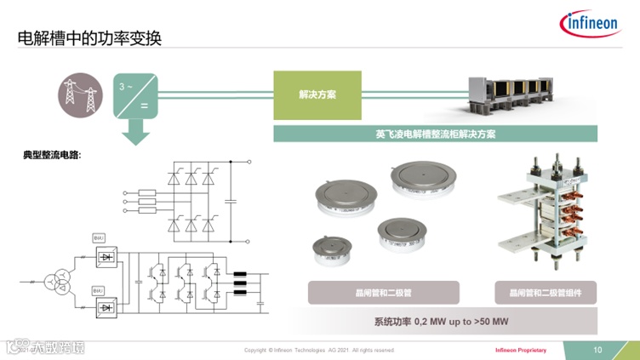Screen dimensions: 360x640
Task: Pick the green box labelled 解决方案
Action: point(317,94)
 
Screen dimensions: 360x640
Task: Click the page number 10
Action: point(597,349)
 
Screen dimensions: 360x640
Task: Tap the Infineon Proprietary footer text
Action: point(521,350)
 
